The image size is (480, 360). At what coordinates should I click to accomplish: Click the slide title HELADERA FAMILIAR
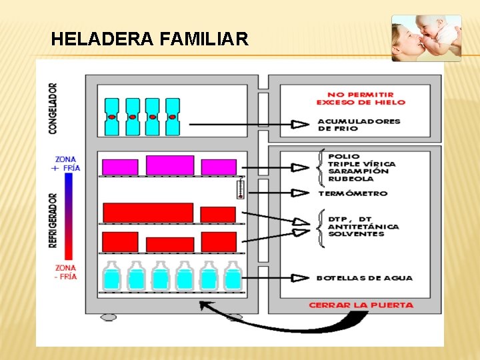tap(149, 39)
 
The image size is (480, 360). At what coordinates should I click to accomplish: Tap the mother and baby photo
tap(426, 38)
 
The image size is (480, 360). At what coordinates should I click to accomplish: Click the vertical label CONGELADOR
tap(53, 108)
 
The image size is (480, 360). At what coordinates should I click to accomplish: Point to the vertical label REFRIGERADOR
tap(53, 221)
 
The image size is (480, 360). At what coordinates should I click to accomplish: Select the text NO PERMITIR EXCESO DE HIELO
tap(361, 98)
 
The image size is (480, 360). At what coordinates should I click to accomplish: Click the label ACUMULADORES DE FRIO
tap(359, 125)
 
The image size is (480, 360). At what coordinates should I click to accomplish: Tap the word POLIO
tap(343, 157)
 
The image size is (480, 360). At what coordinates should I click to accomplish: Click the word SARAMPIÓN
tap(358, 171)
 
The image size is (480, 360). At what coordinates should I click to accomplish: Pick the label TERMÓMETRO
tap(353, 193)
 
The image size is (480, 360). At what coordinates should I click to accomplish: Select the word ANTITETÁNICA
tap(363, 227)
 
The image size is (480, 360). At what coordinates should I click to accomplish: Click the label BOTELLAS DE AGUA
tap(364, 278)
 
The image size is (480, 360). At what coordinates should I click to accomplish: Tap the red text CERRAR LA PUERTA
tap(361, 305)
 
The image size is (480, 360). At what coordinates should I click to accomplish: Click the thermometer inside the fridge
tap(241, 189)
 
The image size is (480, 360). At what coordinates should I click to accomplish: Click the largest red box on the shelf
tap(148, 213)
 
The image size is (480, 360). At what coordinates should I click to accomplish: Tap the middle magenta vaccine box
tap(170, 165)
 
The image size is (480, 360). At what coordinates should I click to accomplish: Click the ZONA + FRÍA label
tap(67, 164)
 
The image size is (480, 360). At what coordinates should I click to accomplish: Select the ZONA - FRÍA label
tap(67, 272)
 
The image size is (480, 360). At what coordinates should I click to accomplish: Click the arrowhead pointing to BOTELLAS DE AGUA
tap(300, 278)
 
